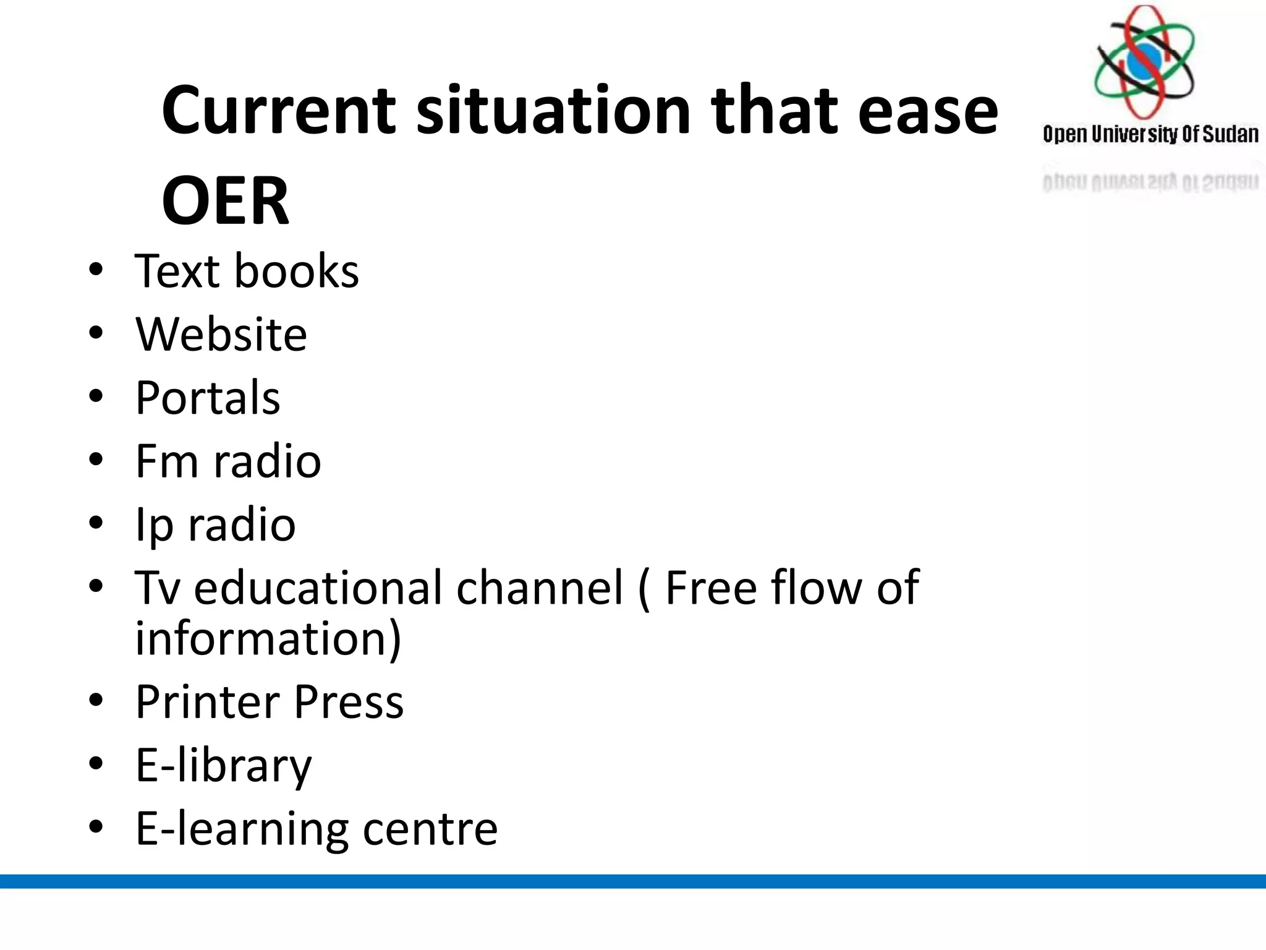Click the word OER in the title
pyautogui.click(x=225, y=201)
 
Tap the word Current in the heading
pyautogui.click(x=278, y=111)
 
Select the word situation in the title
pyautogui.click(x=553, y=111)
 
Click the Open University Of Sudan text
pyautogui.click(x=1150, y=134)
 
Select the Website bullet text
pyautogui.click(x=221, y=335)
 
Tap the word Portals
pyautogui.click(x=208, y=398)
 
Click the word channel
pyautogui.click(x=539, y=588)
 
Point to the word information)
pyautogui.click(x=268, y=640)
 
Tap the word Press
pyautogui.click(x=349, y=702)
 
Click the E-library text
pyautogui.click(x=224, y=766)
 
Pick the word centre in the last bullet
pyautogui.click(x=430, y=829)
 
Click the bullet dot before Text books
pyautogui.click(x=96, y=270)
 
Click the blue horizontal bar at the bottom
pyautogui.click(x=633, y=881)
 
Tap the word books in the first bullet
pyautogui.click(x=297, y=272)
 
